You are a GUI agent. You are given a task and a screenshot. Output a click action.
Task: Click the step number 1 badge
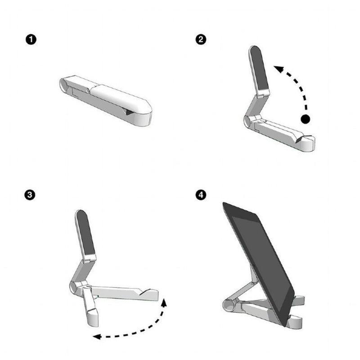tap(30, 40)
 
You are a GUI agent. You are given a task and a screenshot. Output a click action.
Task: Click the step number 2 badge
tap(201, 40)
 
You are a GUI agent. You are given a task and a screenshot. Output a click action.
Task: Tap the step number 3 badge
tap(30, 195)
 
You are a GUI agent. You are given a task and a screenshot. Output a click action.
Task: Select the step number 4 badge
tap(201, 195)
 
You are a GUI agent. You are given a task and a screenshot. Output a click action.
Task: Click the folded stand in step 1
tap(108, 99)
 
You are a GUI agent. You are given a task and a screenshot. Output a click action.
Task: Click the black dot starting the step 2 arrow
tap(306, 119)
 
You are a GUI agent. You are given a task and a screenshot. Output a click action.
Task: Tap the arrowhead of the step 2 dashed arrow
tap(278, 69)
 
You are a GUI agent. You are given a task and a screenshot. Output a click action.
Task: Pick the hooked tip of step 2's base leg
tap(308, 143)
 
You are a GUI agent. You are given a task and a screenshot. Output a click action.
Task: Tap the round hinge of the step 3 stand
tap(74, 287)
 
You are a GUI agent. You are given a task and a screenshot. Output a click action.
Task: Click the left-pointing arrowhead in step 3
tap(96, 336)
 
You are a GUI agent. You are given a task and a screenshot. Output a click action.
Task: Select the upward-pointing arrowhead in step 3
tap(164, 301)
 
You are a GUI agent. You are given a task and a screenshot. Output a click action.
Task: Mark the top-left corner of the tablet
tap(224, 203)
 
